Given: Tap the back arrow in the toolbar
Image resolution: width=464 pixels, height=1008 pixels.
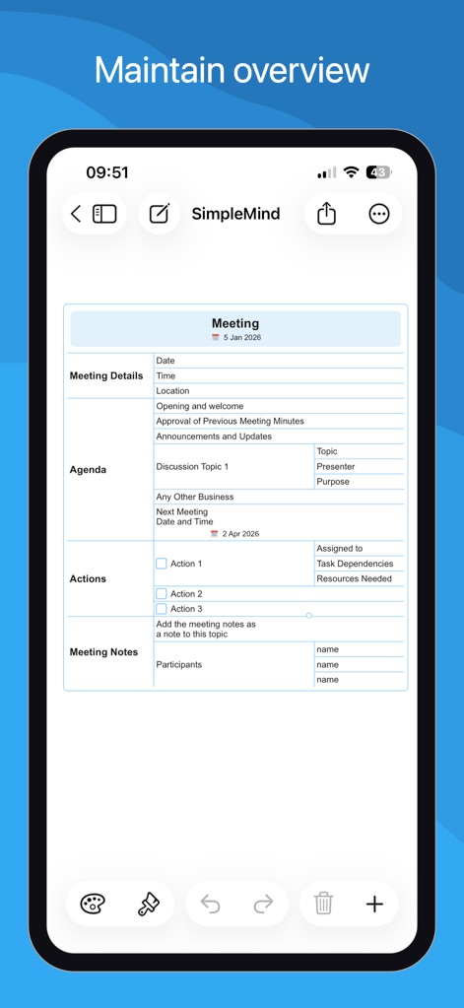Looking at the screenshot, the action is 76,214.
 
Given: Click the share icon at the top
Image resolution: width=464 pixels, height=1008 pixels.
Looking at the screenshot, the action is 327,214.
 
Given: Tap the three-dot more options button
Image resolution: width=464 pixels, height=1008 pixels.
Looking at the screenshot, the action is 379,214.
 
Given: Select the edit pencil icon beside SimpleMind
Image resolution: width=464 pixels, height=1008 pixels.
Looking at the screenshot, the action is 160,214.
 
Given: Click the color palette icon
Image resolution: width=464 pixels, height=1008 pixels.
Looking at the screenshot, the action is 93,904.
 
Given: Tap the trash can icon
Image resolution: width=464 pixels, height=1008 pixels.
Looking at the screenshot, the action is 323,904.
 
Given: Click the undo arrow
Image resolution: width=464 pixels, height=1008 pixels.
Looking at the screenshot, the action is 211,904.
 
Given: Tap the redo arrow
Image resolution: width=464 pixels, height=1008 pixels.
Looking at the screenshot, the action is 263,904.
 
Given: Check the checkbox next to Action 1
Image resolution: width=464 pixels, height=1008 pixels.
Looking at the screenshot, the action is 162,564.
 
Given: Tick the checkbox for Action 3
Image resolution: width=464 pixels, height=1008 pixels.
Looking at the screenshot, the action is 162,609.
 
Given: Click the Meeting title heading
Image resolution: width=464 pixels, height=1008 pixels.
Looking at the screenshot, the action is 235,323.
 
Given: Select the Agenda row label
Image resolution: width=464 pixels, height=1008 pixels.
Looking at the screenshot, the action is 88,470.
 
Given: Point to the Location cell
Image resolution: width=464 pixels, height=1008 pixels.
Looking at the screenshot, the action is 172,391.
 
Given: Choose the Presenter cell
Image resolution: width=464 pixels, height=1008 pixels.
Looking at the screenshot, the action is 336,467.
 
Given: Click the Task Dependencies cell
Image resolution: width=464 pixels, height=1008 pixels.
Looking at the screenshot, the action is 355,564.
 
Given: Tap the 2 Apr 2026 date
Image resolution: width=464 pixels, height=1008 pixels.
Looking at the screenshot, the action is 239,534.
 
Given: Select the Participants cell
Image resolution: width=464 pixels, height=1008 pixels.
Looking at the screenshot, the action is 178,665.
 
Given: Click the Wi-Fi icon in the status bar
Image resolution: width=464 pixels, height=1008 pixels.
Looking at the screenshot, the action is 351,172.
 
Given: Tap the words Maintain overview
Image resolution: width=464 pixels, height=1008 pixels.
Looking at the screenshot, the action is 232,71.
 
